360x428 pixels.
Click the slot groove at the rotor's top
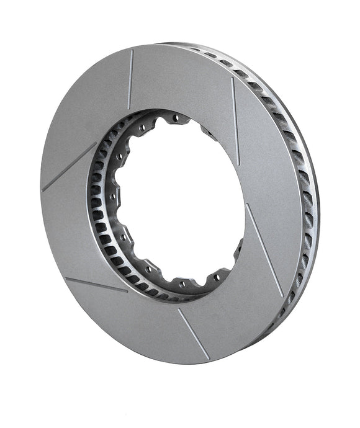pos(130,79)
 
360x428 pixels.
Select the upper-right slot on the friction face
pos(235,112)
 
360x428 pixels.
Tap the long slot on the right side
pos(263,248)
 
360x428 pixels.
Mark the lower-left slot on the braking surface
pos(96,285)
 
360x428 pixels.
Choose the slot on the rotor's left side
pos(68,166)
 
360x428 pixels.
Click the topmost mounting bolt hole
pos(176,117)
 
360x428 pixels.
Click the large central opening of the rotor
pos(180,198)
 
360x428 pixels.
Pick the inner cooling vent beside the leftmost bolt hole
pos(97,198)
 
